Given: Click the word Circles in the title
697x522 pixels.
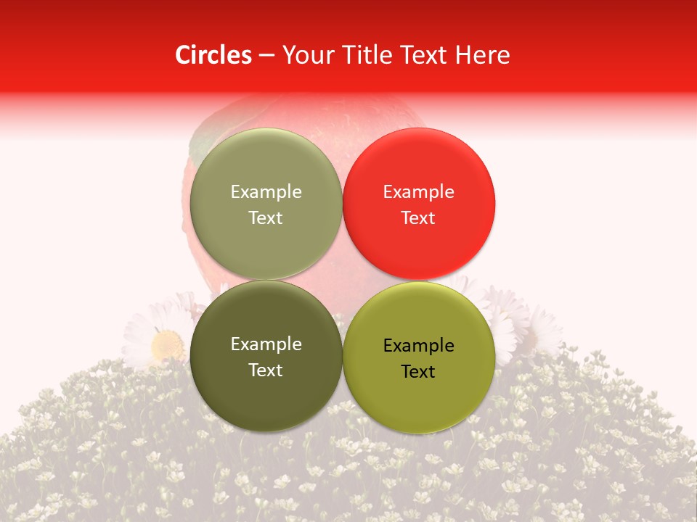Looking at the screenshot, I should coord(213,55).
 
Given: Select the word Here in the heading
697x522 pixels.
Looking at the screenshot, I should coord(480,55).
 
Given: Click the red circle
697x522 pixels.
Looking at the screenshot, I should coord(419,204).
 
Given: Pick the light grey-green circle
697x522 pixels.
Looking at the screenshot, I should coord(266,204).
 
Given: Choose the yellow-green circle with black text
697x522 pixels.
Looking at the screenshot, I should coord(419,357).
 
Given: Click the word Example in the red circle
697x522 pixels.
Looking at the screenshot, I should coord(418,192).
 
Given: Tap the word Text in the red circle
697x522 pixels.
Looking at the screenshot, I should coord(418,218).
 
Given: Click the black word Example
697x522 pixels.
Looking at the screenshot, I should coord(418,346).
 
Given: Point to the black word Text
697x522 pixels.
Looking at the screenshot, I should coord(418,372).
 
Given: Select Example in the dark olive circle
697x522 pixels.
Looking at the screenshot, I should coord(266,344).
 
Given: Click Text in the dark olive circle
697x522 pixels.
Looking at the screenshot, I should coord(266,370).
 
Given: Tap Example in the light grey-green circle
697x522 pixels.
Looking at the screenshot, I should coord(266,192).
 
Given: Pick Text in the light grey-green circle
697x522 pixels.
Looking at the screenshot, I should coord(266,218).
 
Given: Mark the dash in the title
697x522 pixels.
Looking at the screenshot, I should coord(266,56).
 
